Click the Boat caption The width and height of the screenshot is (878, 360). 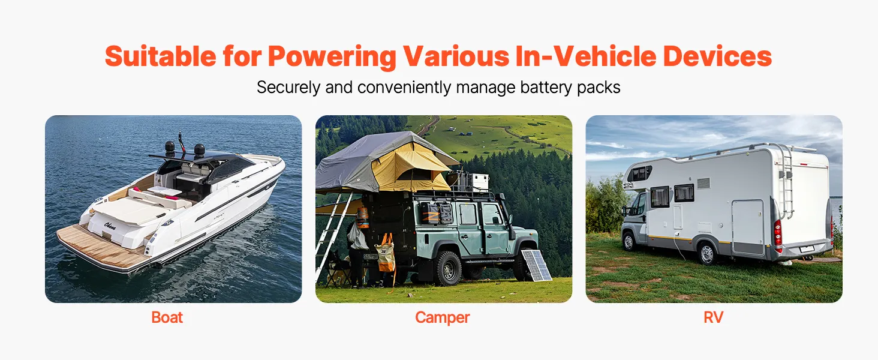[167, 317]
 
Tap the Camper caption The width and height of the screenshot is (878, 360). [442, 317]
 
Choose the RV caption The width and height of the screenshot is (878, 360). [714, 317]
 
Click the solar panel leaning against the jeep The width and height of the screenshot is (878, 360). [536, 265]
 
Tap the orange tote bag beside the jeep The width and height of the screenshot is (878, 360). [386, 253]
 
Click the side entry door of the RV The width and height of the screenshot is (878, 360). [748, 227]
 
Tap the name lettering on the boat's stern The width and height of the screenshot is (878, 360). [110, 226]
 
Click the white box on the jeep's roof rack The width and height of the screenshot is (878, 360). [479, 182]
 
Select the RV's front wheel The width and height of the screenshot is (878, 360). [629, 241]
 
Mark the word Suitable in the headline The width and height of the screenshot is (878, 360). [160, 56]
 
